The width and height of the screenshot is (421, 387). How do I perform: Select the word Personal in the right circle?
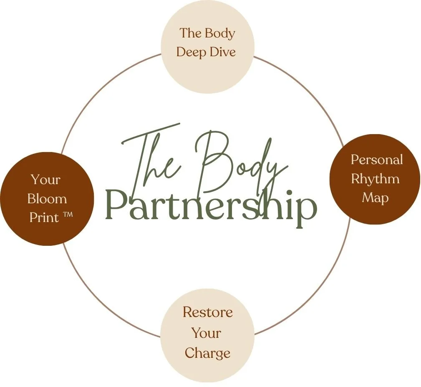pyautogui.click(x=376, y=160)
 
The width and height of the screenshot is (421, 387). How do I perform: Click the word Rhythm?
pyautogui.click(x=375, y=179)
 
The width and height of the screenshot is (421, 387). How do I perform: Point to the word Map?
pyautogui.click(x=375, y=197)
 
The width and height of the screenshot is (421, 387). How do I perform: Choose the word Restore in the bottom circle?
pyautogui.click(x=207, y=312)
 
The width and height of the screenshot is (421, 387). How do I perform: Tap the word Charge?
pyautogui.click(x=207, y=353)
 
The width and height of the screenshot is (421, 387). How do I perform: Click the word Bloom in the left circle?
pyautogui.click(x=47, y=199)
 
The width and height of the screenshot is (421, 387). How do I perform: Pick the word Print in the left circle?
pyautogui.click(x=44, y=218)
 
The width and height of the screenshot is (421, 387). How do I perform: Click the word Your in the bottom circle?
pyautogui.click(x=206, y=333)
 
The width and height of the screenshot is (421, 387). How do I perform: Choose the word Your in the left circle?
pyautogui.click(x=45, y=180)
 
